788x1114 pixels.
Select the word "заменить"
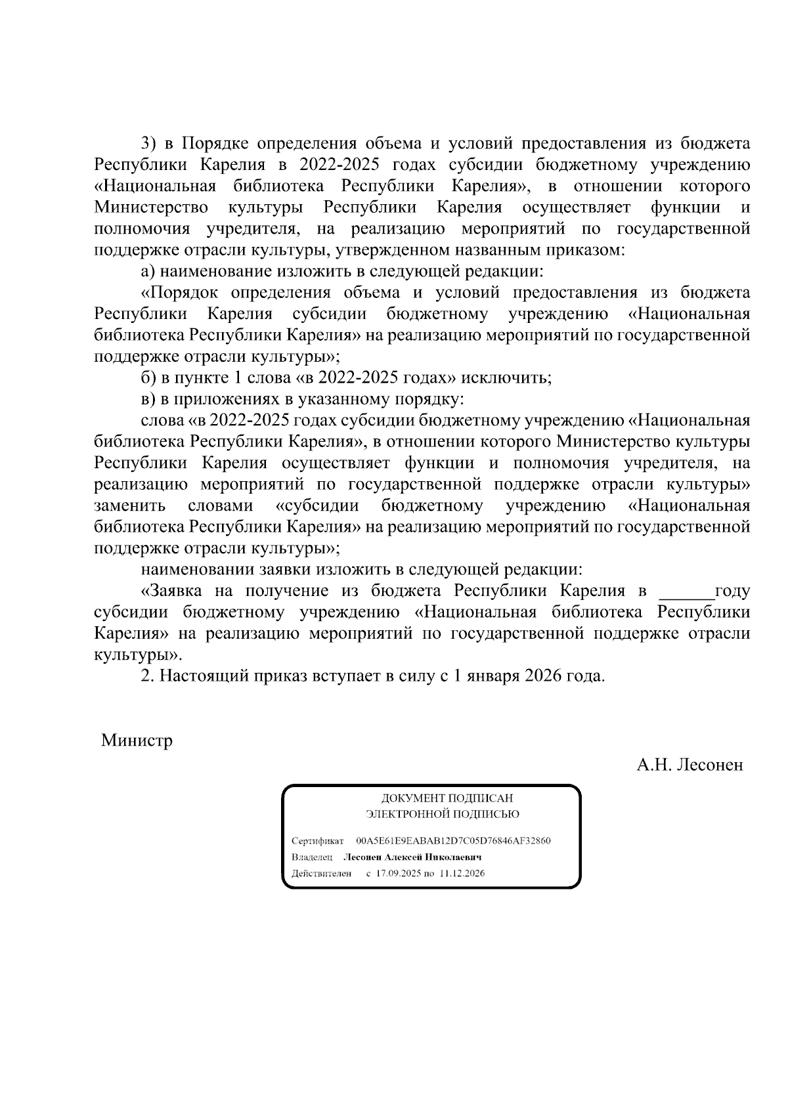(130, 506)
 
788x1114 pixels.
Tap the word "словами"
(220, 506)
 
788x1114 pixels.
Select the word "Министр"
(137, 741)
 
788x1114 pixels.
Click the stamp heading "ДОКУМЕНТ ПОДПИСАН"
(447, 799)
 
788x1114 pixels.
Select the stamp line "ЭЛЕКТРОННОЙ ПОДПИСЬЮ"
(443, 815)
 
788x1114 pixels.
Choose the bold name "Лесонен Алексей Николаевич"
(413, 858)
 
